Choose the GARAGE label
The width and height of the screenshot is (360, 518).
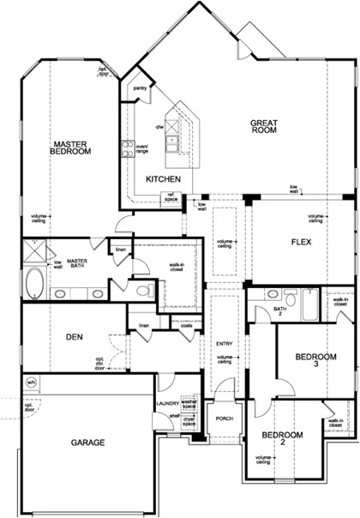tap(87, 443)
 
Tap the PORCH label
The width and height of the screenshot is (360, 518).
tap(225, 419)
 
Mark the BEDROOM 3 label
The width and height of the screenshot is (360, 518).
tap(311, 360)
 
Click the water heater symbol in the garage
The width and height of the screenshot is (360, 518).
tap(31, 382)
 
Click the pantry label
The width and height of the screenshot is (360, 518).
tap(139, 87)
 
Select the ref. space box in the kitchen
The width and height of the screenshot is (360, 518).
tap(171, 198)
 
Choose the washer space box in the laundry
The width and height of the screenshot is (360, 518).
tap(189, 401)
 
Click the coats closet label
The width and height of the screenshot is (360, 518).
tap(186, 325)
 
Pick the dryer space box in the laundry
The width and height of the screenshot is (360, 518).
tap(189, 421)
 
